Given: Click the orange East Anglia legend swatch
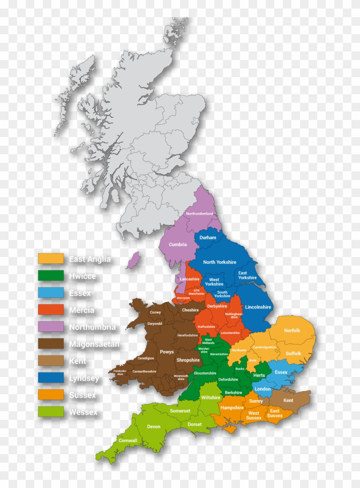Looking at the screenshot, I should point(51,259).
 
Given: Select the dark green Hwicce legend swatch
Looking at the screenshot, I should point(51,276).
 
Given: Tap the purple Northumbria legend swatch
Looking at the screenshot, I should point(51,327).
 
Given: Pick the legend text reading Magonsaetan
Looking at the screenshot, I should point(94,344).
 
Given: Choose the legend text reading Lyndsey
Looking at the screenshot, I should point(84,378).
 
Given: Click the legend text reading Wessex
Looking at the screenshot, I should point(83,413).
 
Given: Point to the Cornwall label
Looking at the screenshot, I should point(128,440).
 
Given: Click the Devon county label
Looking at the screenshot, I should point(154,427).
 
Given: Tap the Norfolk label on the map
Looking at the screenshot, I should point(292,330).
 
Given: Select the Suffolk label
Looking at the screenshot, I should point(293,354).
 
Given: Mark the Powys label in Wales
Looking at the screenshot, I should point(167,352).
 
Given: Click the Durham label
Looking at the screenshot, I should point(208,237).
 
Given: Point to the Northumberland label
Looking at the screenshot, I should point(199,213).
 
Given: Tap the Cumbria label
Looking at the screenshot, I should point(177,245).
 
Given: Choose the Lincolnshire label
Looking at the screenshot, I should point(258,307).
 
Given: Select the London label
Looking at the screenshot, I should point(263,389).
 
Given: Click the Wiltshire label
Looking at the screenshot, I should point(210,398).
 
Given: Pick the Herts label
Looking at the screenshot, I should point(259,375).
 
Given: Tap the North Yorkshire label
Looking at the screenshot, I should point(219,262).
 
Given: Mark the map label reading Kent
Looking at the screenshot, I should point(288,401).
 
